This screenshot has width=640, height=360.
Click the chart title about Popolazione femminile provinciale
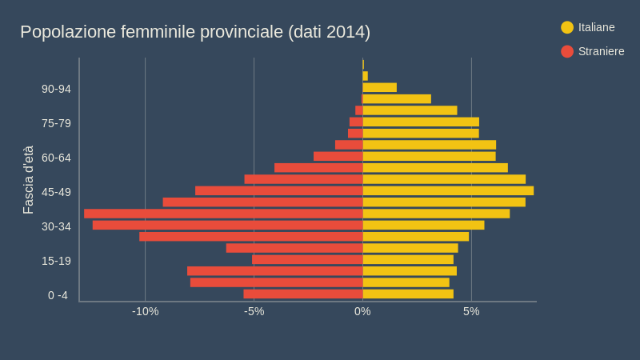[x=195, y=32]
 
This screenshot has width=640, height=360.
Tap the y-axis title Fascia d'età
[x=28, y=180]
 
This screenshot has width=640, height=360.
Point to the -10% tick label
[x=145, y=311]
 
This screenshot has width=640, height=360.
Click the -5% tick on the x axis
[x=254, y=311]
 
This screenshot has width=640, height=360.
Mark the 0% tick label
[x=362, y=311]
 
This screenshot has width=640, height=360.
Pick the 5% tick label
[x=471, y=311]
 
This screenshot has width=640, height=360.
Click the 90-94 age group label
[x=56, y=89]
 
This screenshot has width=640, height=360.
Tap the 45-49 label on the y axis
[x=56, y=192]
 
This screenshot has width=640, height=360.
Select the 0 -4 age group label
[x=58, y=295]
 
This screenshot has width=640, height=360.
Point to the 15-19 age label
[x=56, y=261]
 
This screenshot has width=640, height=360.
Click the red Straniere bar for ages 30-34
[x=227, y=226]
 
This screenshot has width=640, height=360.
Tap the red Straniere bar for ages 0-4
[x=303, y=294]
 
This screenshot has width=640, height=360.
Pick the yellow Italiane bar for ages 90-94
[x=379, y=88]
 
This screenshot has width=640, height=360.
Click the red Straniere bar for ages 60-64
[x=338, y=157]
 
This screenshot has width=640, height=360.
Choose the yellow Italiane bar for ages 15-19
[x=408, y=260]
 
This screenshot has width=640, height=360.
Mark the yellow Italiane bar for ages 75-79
[x=421, y=122]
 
